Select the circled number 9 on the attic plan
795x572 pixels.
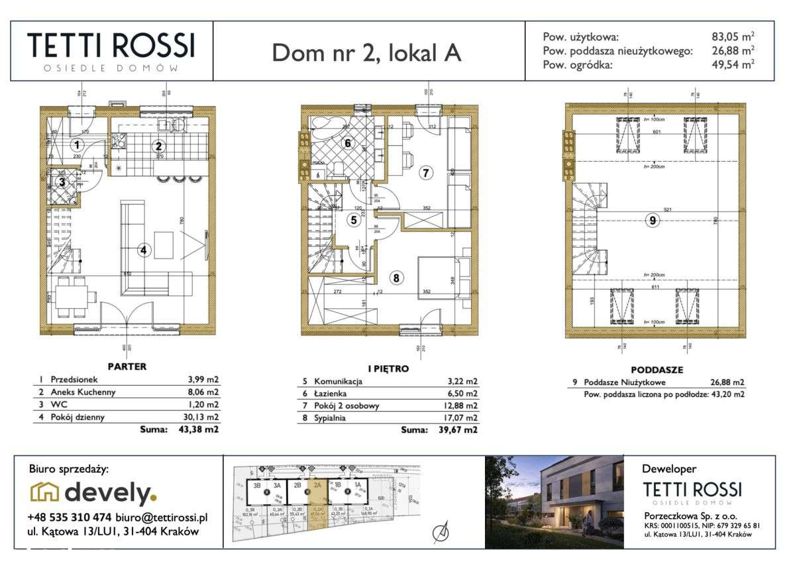[653, 221]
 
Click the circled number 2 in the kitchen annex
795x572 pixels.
[158, 147]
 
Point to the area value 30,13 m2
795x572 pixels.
[201, 417]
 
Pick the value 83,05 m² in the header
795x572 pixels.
[732, 37]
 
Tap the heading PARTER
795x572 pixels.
[127, 367]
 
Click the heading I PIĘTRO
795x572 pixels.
[388, 369]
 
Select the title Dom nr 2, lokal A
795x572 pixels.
[366, 54]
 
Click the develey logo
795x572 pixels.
[94, 493]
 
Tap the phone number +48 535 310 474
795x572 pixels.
[70, 517]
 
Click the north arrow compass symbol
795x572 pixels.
[438, 532]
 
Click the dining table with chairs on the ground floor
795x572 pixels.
[72, 296]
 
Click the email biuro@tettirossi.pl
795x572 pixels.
[161, 517]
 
